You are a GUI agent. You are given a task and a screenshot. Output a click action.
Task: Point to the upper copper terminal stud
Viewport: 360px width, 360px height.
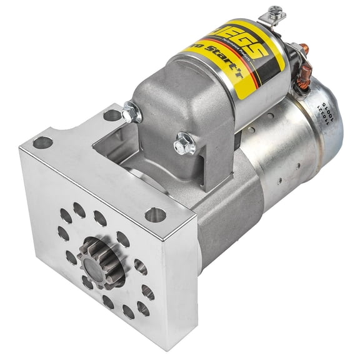[x=304, y=49]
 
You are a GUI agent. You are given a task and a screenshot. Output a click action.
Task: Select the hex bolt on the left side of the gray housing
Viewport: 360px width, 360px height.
[x=131, y=113]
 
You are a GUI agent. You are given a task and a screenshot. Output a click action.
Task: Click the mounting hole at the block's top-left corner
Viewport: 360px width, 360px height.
[x=42, y=142]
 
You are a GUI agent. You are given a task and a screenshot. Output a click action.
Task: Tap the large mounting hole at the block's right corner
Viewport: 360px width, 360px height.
[x=155, y=215]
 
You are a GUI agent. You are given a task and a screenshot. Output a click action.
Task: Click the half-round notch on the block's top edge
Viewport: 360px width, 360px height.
[x=112, y=115]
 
